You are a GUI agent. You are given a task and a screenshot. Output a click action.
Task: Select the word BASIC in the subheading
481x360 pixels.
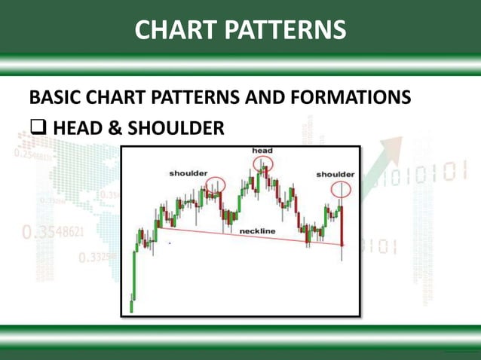pos(57,98)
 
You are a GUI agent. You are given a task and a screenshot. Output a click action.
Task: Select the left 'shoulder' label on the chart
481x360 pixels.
pos(188,173)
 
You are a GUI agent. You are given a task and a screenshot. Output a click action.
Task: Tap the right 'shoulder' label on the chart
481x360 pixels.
pos(335,174)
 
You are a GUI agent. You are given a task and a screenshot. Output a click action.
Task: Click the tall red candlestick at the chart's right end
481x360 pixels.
pos(343,226)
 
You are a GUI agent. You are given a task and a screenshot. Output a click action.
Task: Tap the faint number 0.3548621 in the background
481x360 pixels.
pos(53,233)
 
